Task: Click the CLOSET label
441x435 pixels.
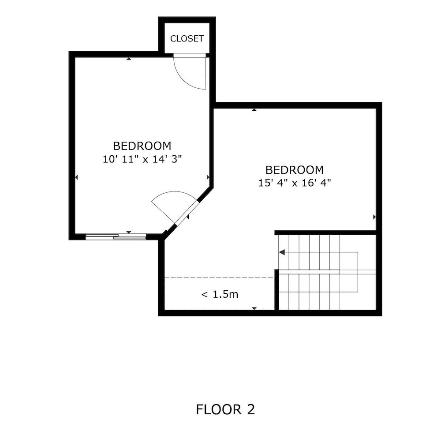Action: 187,38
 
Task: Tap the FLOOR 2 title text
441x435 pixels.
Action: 225,409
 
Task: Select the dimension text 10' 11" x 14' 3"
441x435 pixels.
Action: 142,159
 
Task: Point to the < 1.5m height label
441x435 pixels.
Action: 220,294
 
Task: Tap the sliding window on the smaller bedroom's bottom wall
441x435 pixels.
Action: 116,237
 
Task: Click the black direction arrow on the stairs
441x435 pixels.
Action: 282,252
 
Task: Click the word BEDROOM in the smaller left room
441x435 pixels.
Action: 142,146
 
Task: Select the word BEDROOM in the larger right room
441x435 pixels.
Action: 294,170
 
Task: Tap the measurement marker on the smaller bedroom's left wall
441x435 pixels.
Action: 76,177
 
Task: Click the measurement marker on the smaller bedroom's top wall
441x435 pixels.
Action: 128,58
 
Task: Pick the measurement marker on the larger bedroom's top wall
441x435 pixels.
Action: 254,109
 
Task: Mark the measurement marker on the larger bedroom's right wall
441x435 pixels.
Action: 374,217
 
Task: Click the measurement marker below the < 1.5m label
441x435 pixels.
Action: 254,308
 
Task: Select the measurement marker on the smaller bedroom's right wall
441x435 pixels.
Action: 208,177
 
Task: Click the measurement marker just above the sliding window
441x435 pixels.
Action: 128,232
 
